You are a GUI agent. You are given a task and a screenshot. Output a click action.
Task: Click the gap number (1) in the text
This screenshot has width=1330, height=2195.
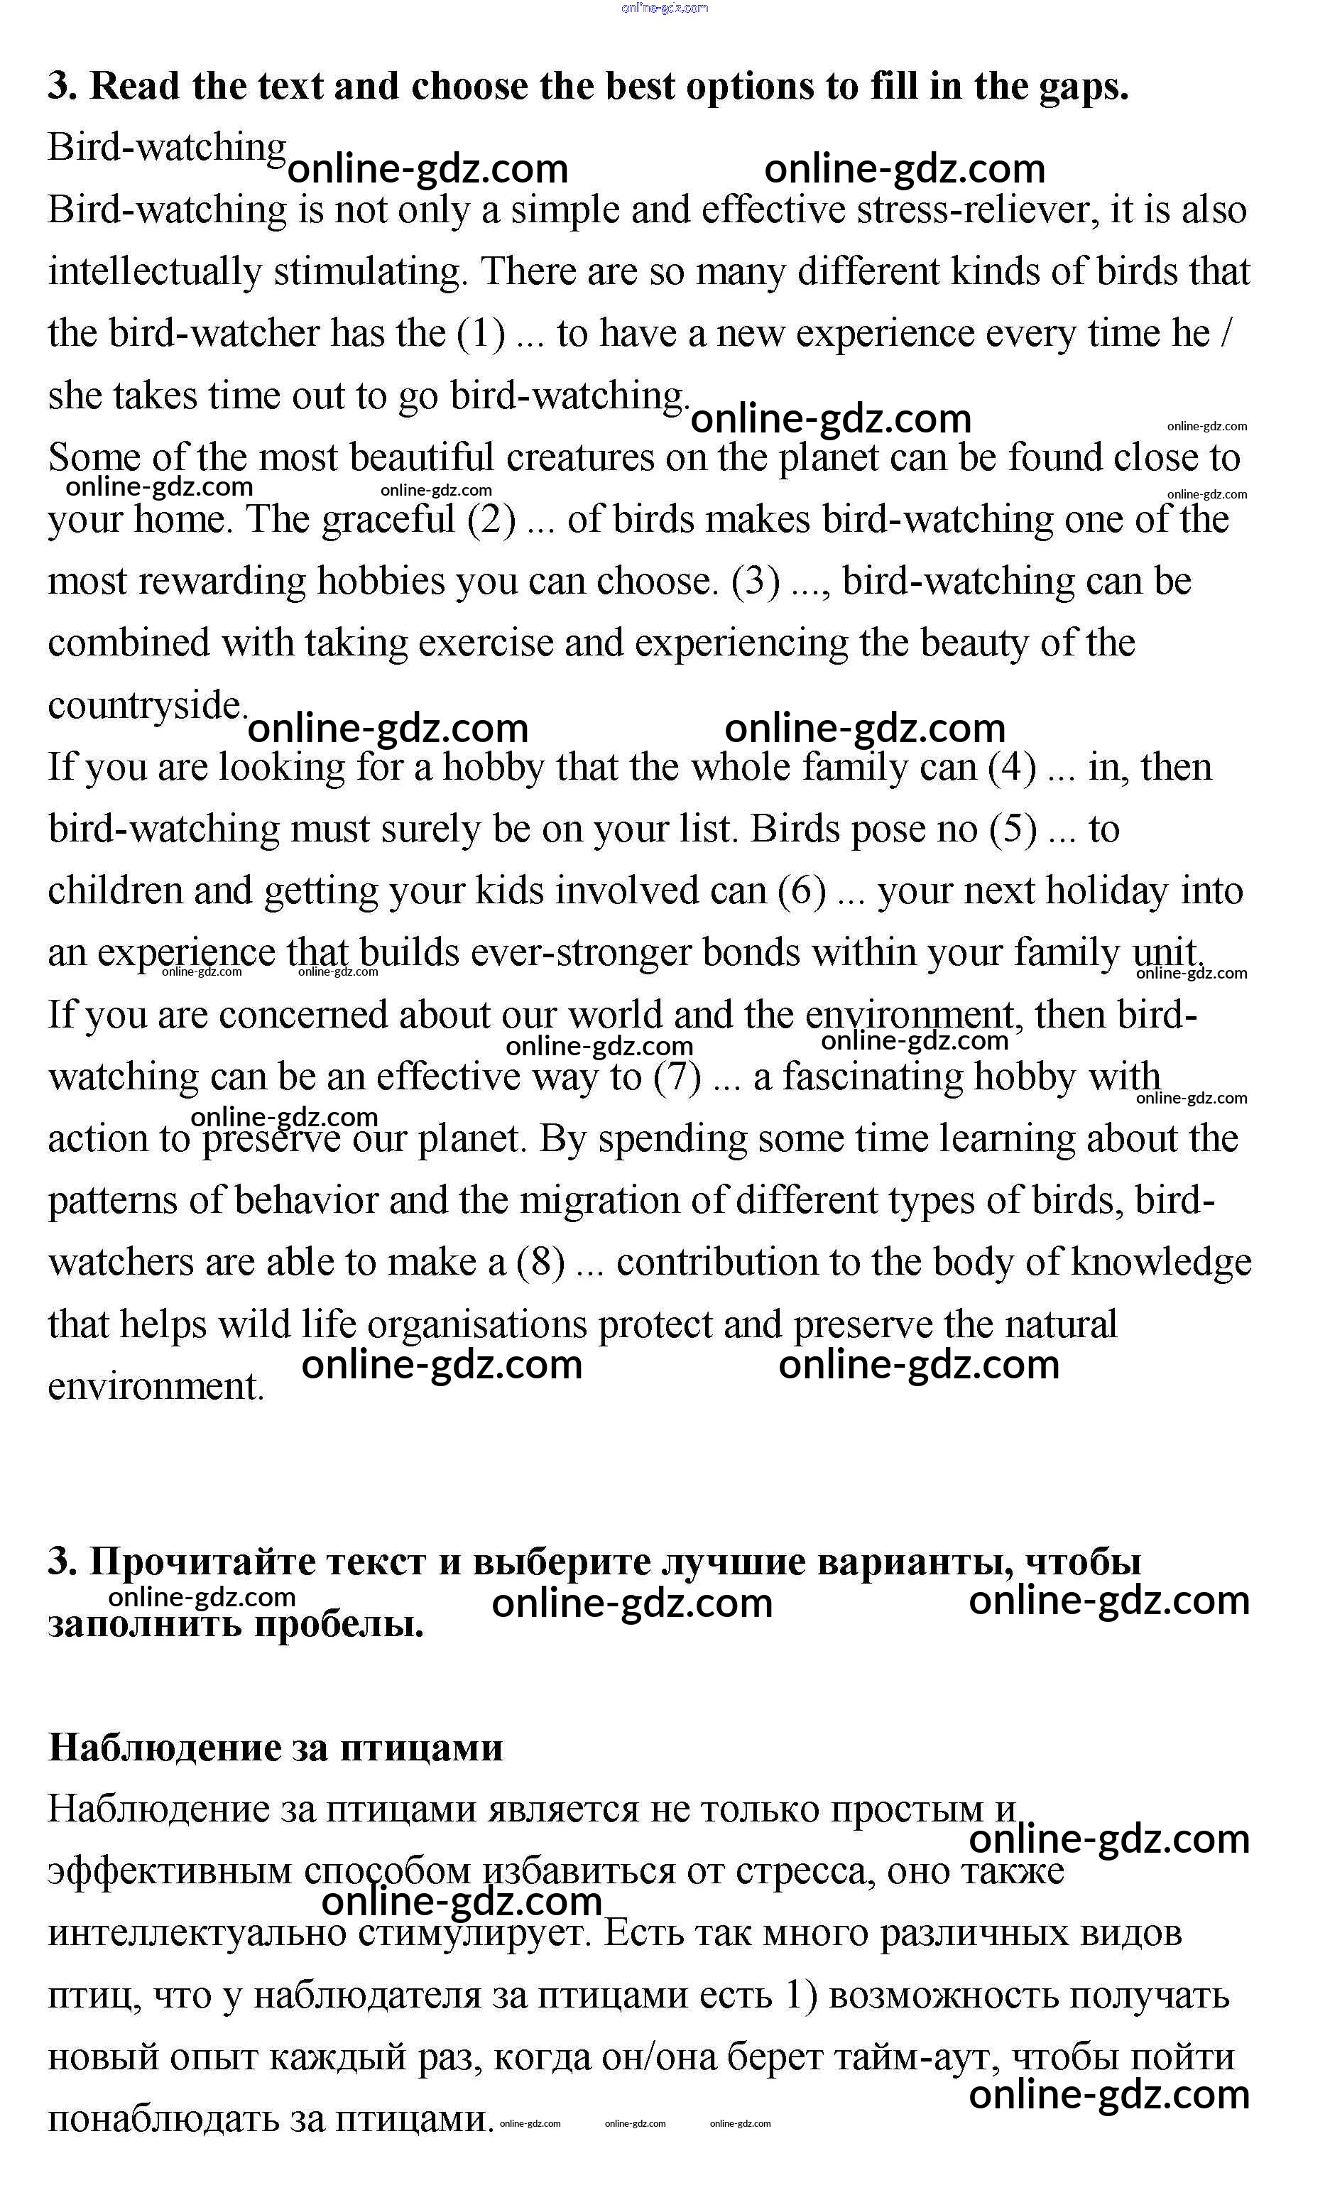pyautogui.click(x=480, y=334)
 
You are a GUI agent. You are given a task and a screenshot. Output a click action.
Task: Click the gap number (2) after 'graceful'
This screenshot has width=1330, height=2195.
pyautogui.click(x=491, y=519)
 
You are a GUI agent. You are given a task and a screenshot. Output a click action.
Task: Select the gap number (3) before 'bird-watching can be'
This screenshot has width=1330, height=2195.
pyautogui.click(x=756, y=582)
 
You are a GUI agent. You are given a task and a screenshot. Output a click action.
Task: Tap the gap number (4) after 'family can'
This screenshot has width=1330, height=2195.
pyautogui.click(x=1013, y=768)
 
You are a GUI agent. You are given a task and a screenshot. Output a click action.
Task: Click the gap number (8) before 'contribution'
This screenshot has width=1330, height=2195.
pyautogui.click(x=540, y=1263)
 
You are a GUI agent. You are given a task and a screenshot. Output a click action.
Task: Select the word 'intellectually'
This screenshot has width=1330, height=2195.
pyautogui.click(x=155, y=273)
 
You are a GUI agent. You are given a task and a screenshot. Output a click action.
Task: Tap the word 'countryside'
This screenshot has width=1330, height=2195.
pyautogui.click(x=145, y=706)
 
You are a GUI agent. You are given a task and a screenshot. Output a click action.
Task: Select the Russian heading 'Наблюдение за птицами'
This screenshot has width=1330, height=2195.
pyautogui.click(x=276, y=1747)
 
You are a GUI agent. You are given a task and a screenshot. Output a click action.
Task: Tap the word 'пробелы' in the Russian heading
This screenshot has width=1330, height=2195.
pyautogui.click(x=339, y=1624)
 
